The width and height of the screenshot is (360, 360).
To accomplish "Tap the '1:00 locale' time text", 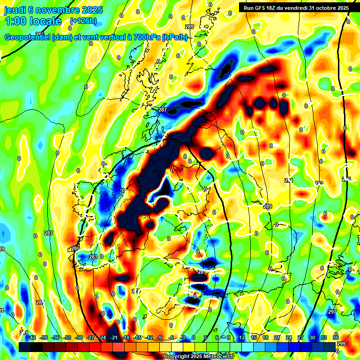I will tap(33, 21).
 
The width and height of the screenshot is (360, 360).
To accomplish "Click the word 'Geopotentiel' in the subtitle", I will tap(28, 37).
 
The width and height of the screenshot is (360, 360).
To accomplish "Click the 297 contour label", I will tap(332, 312).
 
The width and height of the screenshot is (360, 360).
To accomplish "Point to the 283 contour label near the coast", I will tap(93, 257).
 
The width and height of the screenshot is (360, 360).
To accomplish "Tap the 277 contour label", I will tap(136, 291).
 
